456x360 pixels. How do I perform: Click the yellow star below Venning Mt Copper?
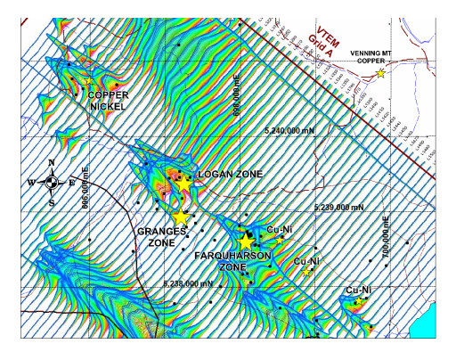(x=381, y=73)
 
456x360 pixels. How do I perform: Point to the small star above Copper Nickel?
(x=88, y=82)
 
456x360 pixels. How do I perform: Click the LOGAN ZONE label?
(x=230, y=175)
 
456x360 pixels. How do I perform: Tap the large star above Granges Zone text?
(x=181, y=217)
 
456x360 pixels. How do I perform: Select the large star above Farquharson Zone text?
(x=247, y=241)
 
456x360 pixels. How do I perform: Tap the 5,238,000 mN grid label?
(x=189, y=283)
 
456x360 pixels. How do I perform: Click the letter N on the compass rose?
(x=53, y=163)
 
